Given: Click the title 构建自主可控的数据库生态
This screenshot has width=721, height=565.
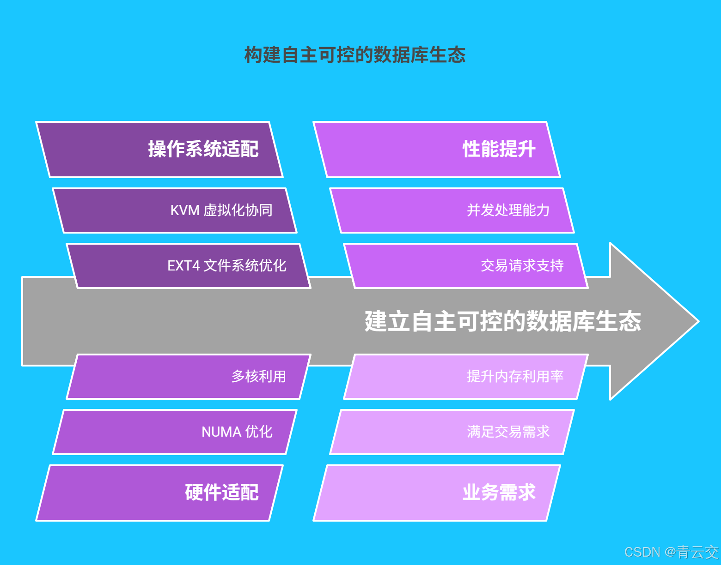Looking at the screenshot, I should point(354,55).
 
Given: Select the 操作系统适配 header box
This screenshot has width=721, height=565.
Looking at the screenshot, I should point(159,150).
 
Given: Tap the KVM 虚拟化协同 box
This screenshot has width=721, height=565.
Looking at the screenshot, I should point(175,210).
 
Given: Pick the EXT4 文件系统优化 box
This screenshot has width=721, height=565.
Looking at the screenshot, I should point(189,266).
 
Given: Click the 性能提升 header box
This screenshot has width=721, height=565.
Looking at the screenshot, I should point(437,150).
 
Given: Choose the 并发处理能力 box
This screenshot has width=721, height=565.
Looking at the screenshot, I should point(452,210).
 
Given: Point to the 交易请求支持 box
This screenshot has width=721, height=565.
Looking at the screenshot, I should point(466,266).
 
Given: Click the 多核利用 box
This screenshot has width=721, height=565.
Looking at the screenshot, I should point(189,377).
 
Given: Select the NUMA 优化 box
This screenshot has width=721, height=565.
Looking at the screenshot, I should point(175,432).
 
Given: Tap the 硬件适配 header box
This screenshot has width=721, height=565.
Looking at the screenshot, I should point(159,493).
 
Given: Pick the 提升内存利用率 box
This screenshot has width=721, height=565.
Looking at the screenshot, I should point(466,377).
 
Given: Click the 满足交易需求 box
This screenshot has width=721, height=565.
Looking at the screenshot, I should point(452,432).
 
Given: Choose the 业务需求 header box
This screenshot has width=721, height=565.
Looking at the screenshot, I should point(437,493).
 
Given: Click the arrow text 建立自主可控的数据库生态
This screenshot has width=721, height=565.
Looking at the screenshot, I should point(503,321).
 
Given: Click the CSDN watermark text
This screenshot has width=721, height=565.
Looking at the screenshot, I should point(671,552).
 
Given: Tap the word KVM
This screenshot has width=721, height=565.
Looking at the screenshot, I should point(185,210).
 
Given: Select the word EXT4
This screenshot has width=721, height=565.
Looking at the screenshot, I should point(183,266).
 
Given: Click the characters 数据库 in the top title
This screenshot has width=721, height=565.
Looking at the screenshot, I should point(401,55).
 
